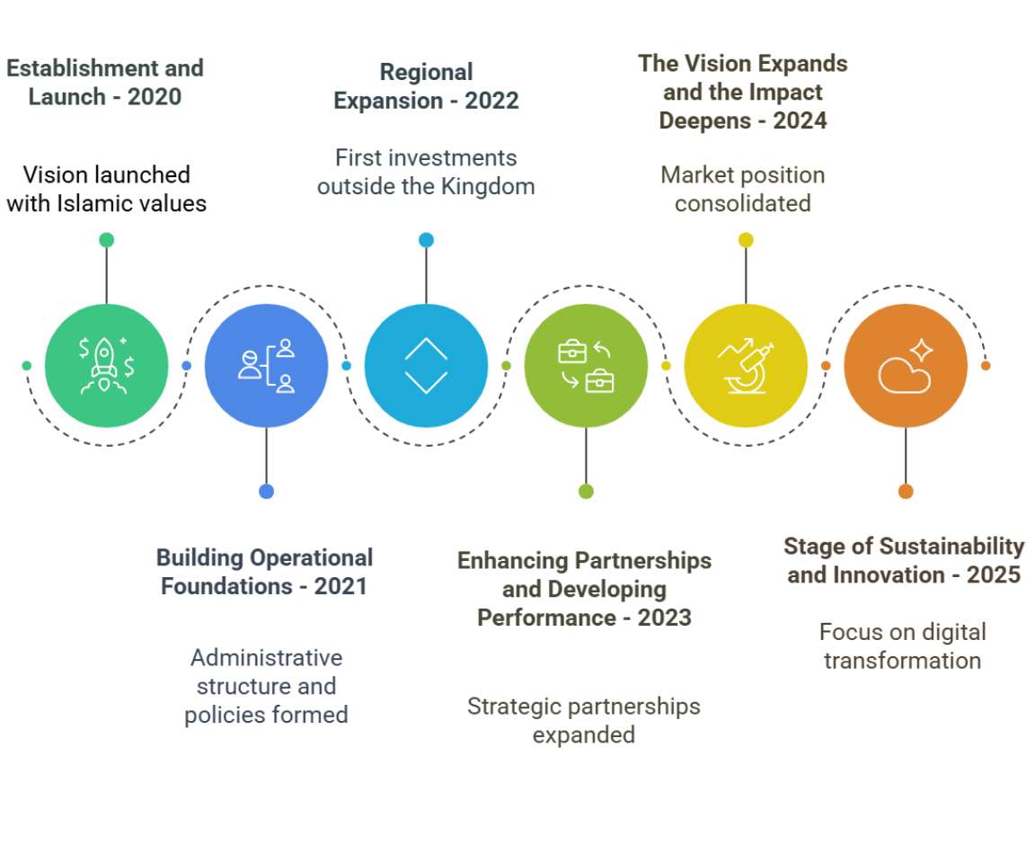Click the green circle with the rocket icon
click(106, 366)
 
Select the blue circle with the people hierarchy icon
click(266, 366)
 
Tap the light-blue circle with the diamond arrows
click(426, 366)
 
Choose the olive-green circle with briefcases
click(586, 366)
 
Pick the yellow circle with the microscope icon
click(746, 366)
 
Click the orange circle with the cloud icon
click(906, 366)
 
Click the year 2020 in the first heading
click(154, 96)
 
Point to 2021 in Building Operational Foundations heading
click(341, 586)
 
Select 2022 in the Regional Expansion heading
click(491, 100)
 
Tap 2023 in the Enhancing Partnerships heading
click(665, 618)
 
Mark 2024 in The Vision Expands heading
click(799, 120)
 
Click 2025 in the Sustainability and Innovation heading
click(993, 574)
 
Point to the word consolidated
click(743, 203)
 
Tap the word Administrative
click(266, 657)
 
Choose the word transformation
click(902, 661)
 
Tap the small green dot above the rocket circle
click(106, 240)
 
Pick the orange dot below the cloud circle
click(906, 491)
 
